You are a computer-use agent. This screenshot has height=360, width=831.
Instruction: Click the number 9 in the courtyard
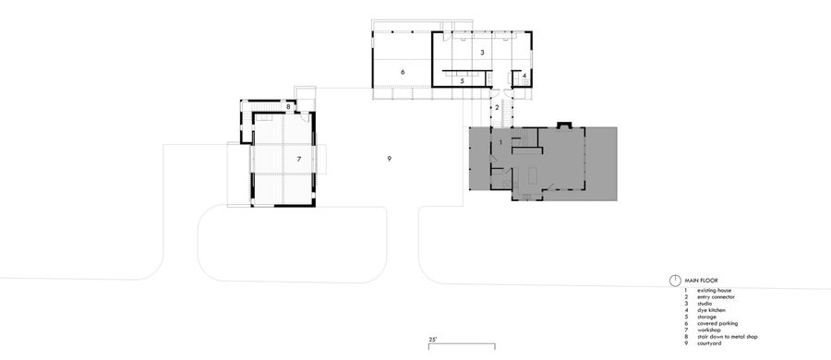pyautogui.click(x=390, y=160)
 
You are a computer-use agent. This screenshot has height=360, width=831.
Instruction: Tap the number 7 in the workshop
pyautogui.click(x=299, y=159)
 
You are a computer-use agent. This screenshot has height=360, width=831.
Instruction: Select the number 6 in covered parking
pyautogui.click(x=403, y=71)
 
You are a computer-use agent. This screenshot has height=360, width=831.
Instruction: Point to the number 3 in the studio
pyautogui.click(x=482, y=53)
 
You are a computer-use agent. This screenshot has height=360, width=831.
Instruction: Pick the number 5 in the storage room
pyautogui.click(x=462, y=81)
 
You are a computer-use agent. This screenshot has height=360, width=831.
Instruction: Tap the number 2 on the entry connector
pyautogui.click(x=497, y=107)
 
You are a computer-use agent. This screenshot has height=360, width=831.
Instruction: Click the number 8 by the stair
pyautogui.click(x=288, y=107)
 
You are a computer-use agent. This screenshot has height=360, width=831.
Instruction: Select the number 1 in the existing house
pyautogui.click(x=500, y=142)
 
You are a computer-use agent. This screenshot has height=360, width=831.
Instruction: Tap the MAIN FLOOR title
pyautogui.click(x=701, y=280)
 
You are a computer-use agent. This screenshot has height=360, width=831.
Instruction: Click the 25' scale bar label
pyautogui.click(x=433, y=341)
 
